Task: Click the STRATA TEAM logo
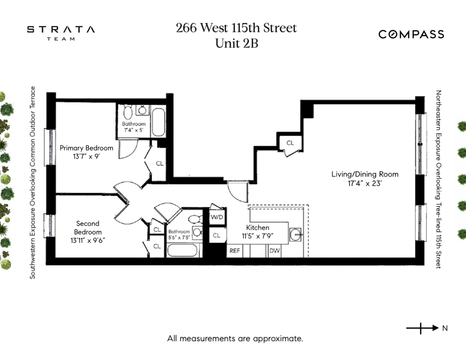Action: tap(61, 33)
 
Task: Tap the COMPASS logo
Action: tap(411, 34)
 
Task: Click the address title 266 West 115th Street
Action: tap(236, 28)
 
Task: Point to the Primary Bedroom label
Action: tap(86, 148)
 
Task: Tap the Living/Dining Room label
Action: tap(365, 174)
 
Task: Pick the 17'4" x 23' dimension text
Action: tap(365, 183)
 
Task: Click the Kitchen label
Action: tap(258, 228)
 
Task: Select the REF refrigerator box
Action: tap(234, 250)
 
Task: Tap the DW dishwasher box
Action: tap(274, 250)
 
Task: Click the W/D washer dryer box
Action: tap(217, 217)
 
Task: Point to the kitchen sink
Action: tap(296, 235)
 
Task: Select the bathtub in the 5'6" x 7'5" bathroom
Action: tap(182, 250)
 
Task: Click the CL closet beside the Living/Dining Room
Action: tap(290, 143)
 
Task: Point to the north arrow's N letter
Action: tap(445, 329)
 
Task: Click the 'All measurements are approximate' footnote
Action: tap(235, 338)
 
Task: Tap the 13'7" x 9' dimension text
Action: tap(86, 157)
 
